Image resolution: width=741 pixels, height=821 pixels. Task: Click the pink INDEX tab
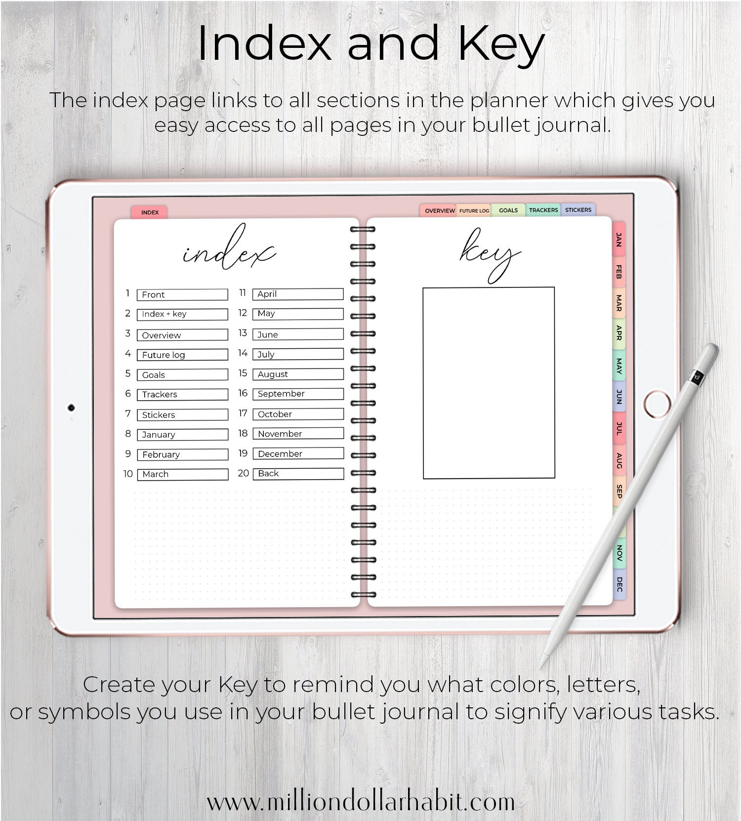click(x=149, y=212)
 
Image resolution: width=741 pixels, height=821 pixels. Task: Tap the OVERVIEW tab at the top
click(x=439, y=211)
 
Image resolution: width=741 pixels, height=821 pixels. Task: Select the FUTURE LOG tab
click(x=474, y=211)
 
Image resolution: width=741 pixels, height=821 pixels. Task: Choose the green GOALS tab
click(x=508, y=210)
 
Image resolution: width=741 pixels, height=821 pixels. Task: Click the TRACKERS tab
click(x=543, y=210)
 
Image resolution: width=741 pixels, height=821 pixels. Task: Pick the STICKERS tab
click(x=578, y=210)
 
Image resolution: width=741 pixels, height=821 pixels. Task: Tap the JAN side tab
click(x=618, y=240)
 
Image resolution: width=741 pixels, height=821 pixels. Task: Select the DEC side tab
click(x=619, y=584)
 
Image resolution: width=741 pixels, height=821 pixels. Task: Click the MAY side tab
click(x=618, y=366)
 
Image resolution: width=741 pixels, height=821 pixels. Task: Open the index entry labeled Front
click(x=182, y=295)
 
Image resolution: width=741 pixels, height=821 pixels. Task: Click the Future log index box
click(x=182, y=355)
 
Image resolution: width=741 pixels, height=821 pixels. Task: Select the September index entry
click(x=297, y=394)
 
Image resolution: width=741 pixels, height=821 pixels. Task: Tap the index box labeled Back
click(x=297, y=473)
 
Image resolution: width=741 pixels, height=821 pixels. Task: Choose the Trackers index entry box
click(x=182, y=394)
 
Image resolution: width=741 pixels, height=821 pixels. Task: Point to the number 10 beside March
click(x=128, y=474)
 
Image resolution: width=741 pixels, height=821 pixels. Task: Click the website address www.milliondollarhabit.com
click(x=361, y=802)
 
